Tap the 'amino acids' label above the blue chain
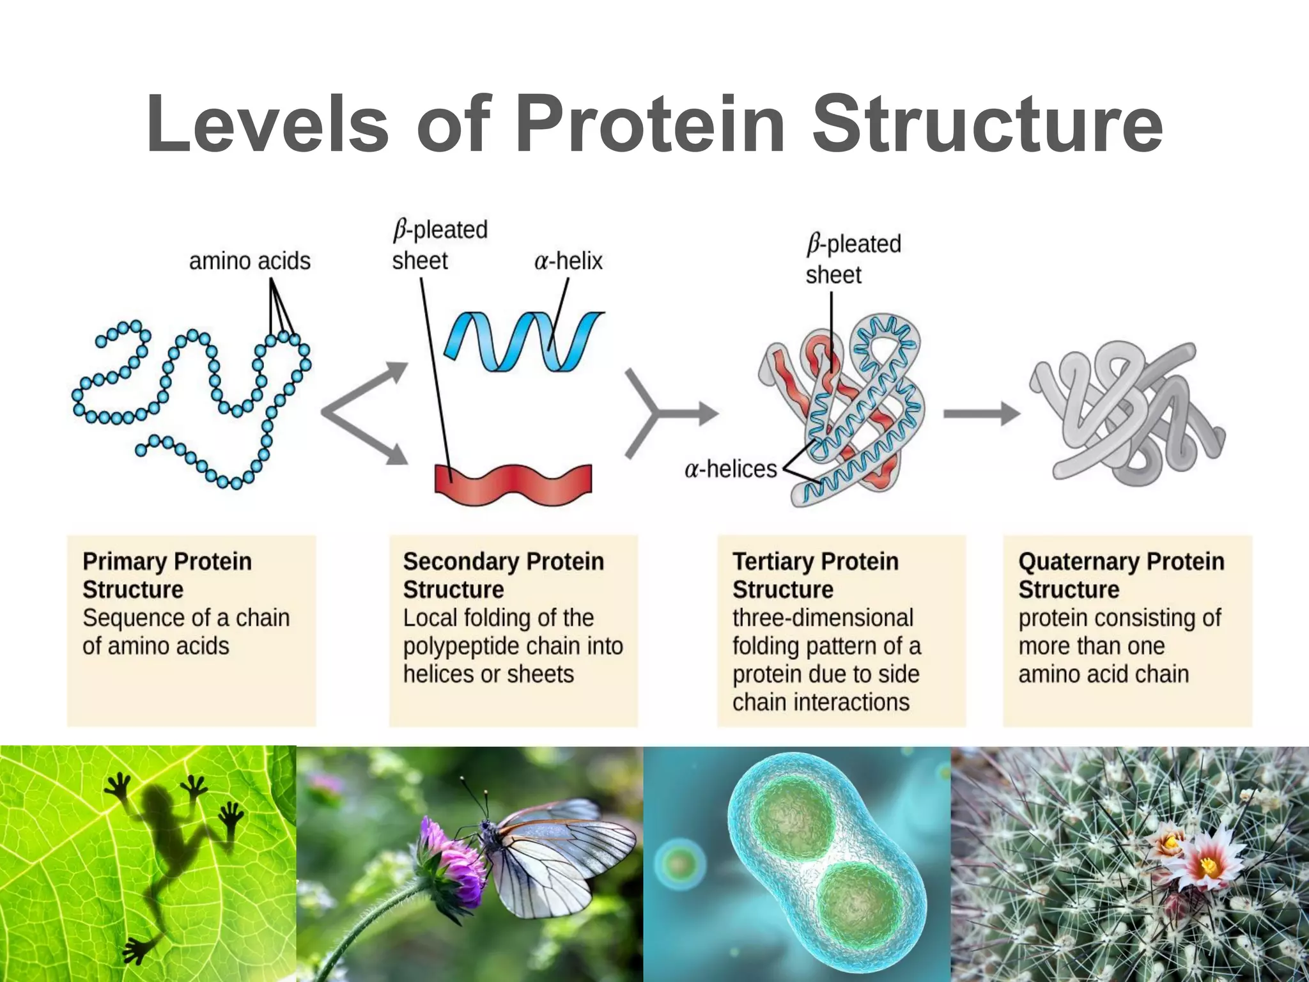249,261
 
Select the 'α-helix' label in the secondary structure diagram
568,261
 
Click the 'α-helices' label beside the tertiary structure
730,469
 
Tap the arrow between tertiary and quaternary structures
981,414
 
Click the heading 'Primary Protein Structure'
166,575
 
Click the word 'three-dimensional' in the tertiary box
823,618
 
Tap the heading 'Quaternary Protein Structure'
1120,575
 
